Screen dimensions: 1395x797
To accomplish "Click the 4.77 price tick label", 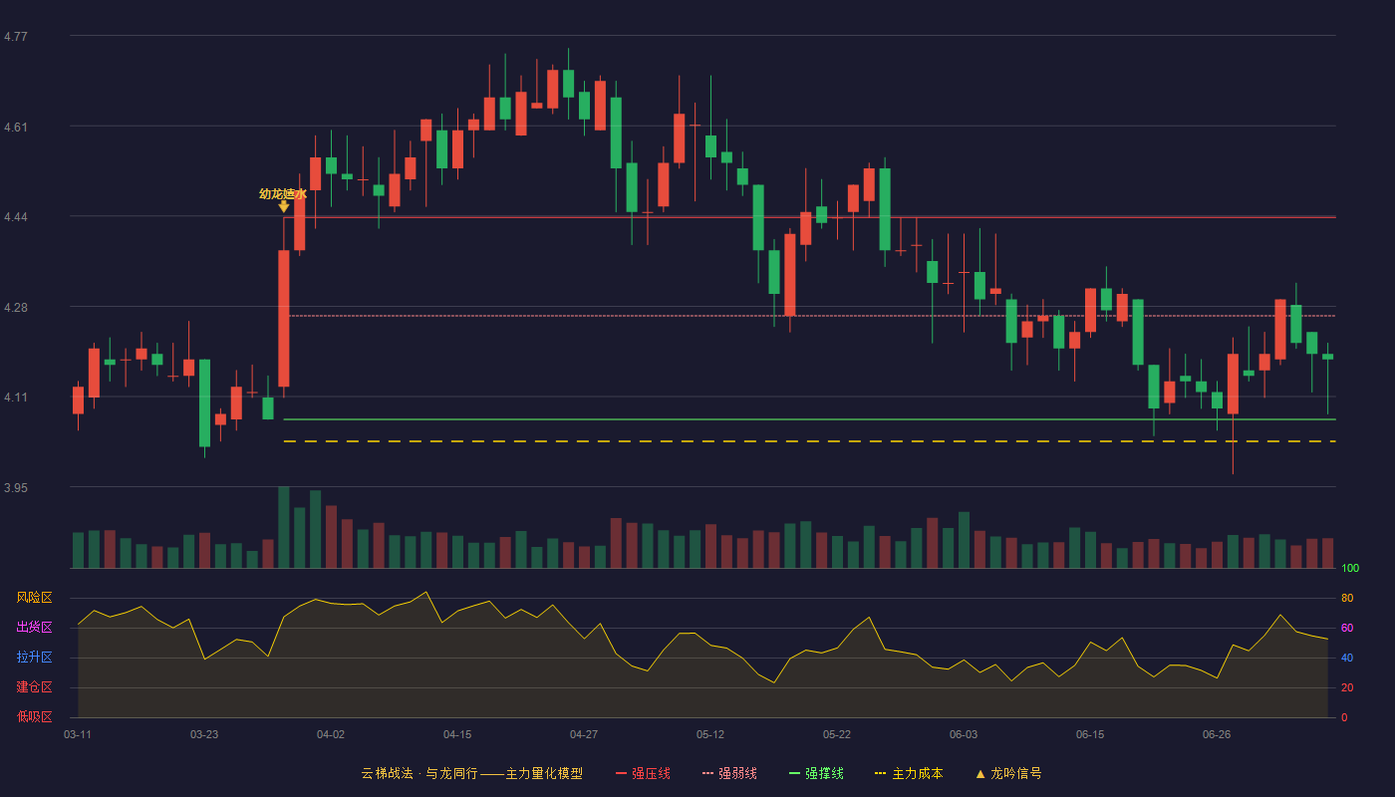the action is (16, 37).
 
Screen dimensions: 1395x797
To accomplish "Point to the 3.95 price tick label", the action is (16, 487).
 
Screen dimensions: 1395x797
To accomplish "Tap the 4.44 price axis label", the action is (16, 217).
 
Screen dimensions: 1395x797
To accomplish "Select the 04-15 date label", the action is (457, 735).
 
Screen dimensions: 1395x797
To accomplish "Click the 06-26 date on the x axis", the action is (1217, 735).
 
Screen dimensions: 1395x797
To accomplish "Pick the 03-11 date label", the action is (78, 735).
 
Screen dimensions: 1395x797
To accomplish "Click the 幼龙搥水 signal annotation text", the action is (283, 193).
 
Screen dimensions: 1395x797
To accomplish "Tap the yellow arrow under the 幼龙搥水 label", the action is (283, 207).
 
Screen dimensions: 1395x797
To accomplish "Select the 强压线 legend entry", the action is (643, 773).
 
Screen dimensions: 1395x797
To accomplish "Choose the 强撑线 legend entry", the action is (816, 773).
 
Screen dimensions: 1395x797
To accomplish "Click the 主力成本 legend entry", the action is (909, 773).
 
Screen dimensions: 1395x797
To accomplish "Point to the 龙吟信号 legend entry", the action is (1008, 773).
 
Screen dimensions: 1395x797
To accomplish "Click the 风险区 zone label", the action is (34, 597).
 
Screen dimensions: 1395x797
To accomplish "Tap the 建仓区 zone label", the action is (34, 686).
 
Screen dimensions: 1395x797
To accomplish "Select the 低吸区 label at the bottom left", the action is (34, 716).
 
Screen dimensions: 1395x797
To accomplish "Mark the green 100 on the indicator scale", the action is (1350, 568).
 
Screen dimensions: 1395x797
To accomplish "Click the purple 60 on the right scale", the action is (1347, 628).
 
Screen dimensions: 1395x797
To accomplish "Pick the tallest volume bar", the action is (283, 527).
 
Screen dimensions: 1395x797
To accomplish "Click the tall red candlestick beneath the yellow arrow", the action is (283, 318).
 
